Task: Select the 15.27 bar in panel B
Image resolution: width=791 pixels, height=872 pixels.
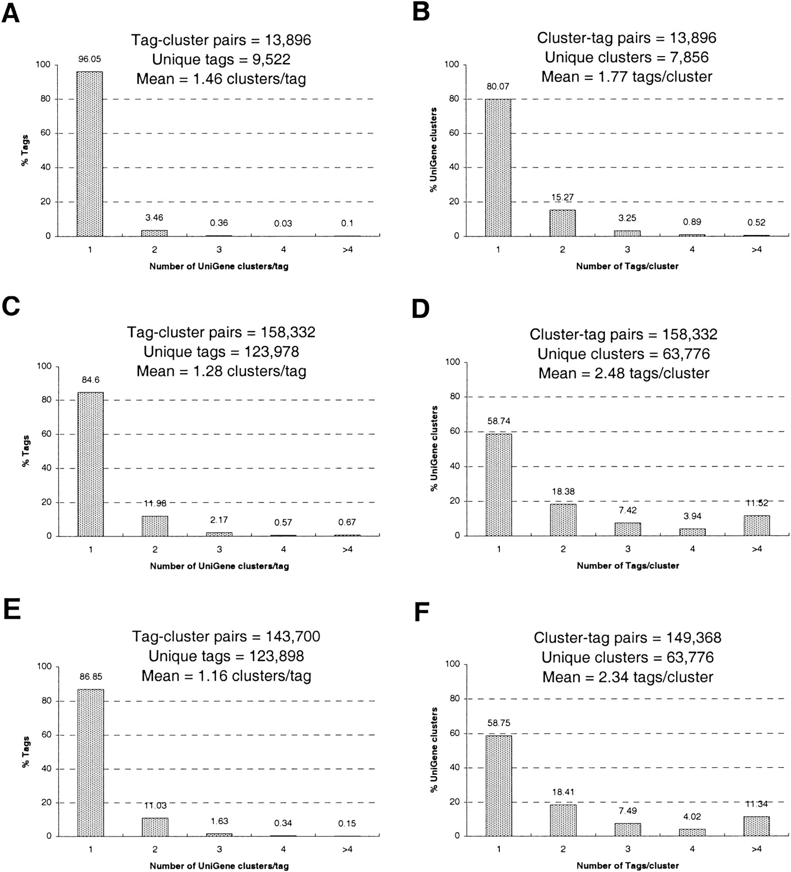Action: pyautogui.click(x=562, y=223)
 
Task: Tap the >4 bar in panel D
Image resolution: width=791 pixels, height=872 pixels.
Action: pyautogui.click(x=756, y=526)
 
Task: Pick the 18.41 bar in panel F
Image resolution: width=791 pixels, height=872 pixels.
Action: pyautogui.click(x=563, y=820)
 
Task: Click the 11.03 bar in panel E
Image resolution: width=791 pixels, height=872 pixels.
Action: pyautogui.click(x=155, y=827)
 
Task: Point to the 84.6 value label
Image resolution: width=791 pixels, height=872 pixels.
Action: pyautogui.click(x=90, y=380)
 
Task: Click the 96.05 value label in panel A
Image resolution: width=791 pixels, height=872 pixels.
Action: pyautogui.click(x=90, y=59)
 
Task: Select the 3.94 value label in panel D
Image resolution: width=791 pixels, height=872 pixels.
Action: pyautogui.click(x=692, y=516)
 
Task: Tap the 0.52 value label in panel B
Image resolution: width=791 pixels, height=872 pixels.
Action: pyautogui.click(x=756, y=223)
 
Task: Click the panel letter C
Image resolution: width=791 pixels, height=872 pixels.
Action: pyautogui.click(x=11, y=306)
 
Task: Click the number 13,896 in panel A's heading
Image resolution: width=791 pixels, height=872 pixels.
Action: pyautogui.click(x=288, y=40)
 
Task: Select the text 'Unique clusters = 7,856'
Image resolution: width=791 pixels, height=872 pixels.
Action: pyautogui.click(x=627, y=57)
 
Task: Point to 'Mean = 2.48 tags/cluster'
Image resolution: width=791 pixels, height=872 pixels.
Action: pyautogui.click(x=624, y=373)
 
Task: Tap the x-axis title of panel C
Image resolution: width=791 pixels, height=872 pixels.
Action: pyautogui.click(x=220, y=566)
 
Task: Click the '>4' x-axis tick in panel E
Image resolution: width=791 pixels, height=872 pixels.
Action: pyautogui.click(x=347, y=849)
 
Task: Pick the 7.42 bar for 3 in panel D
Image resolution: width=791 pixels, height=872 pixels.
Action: pyautogui.click(x=628, y=529)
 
